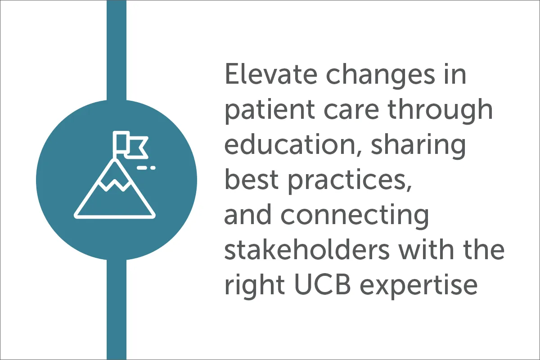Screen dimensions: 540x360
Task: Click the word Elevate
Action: coord(271,73)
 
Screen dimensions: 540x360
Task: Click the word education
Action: coord(290,144)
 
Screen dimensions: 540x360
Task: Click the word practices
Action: coord(350,181)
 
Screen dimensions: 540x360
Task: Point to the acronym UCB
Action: coord(322,284)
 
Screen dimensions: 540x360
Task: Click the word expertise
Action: coord(418,287)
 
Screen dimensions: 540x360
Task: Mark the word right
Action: coord(255,286)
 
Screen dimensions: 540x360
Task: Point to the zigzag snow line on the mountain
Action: coord(115,185)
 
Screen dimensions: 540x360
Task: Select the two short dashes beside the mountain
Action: coord(146,168)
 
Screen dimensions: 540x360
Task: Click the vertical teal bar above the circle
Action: coord(117,50)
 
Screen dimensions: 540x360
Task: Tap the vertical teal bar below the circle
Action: coord(117,310)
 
